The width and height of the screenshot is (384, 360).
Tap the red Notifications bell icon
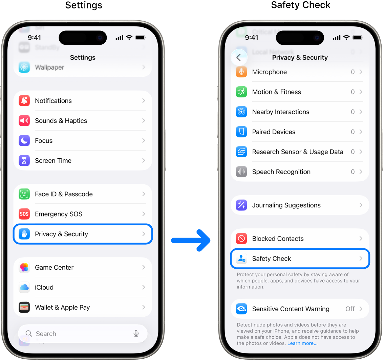point(24,100)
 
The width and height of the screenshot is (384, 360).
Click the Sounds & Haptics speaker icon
point(24,120)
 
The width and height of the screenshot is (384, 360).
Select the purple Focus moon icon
point(24,140)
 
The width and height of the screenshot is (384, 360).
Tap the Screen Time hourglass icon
point(24,160)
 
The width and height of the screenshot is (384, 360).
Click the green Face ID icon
point(24,194)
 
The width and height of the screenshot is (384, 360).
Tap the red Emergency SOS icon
point(24,214)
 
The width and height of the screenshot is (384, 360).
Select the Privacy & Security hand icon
point(24,234)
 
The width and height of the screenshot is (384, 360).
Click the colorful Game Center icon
point(24,267)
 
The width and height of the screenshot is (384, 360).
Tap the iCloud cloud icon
point(24,287)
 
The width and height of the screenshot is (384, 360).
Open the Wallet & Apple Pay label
point(62,307)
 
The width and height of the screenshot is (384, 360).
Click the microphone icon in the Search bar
point(136,334)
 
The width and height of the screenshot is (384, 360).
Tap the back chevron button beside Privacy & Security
point(239,58)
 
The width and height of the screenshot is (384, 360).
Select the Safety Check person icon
point(241,258)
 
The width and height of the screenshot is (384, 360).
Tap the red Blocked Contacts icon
point(241,239)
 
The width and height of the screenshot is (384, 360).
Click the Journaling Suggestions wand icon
point(241,205)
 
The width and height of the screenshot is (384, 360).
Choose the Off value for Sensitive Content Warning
point(350,309)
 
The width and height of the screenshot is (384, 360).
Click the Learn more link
point(302,343)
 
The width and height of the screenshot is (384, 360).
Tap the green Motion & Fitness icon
point(241,92)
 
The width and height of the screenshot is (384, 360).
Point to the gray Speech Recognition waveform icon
point(241,172)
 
